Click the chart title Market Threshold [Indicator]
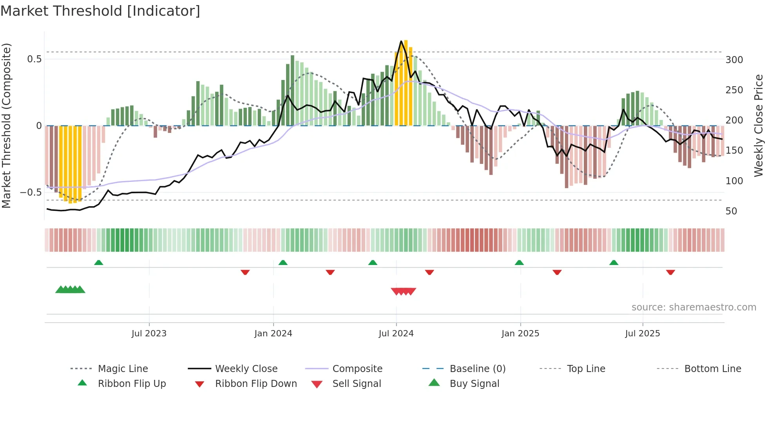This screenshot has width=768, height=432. click(100, 11)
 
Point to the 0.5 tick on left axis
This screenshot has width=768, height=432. click(34, 59)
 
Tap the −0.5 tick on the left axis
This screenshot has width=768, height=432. click(31, 192)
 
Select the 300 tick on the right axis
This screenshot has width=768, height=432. click(734, 60)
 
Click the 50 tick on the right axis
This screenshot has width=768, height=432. click(731, 211)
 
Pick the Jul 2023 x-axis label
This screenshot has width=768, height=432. click(149, 334)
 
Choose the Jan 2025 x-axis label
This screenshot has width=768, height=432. click(520, 334)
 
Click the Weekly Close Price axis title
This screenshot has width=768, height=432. click(759, 125)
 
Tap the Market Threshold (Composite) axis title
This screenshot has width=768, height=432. click(6, 125)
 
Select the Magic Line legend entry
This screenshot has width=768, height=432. click(123, 369)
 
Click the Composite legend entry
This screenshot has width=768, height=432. click(357, 369)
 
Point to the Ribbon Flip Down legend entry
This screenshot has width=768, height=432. click(255, 384)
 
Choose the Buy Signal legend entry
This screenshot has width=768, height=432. click(474, 384)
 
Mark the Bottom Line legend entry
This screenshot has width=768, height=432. click(712, 369)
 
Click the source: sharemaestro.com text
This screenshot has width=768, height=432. click(694, 307)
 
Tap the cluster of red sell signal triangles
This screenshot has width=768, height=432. click(403, 291)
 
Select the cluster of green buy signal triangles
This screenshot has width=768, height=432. click(70, 290)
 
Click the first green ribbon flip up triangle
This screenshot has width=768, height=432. click(99, 263)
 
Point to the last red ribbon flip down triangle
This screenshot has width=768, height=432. click(670, 272)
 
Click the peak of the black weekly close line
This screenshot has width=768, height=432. click(401, 41)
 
